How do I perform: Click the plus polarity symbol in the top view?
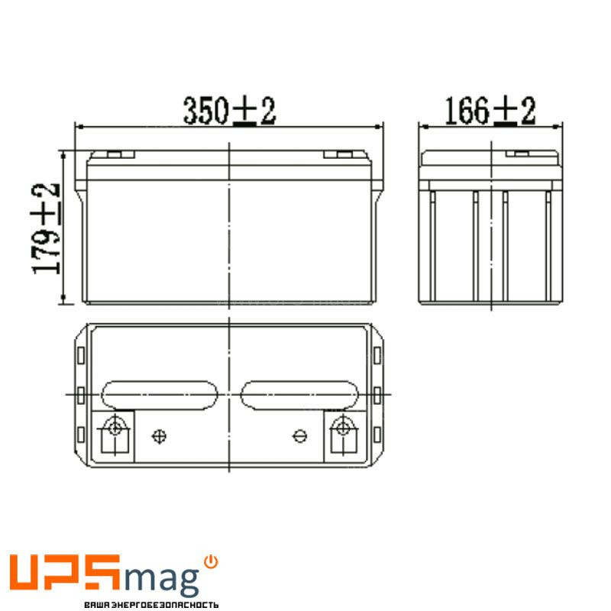coord(160,436)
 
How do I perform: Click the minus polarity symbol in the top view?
coord(299,436)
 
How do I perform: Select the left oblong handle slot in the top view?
coord(160,395)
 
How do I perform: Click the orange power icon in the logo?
coord(212,562)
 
